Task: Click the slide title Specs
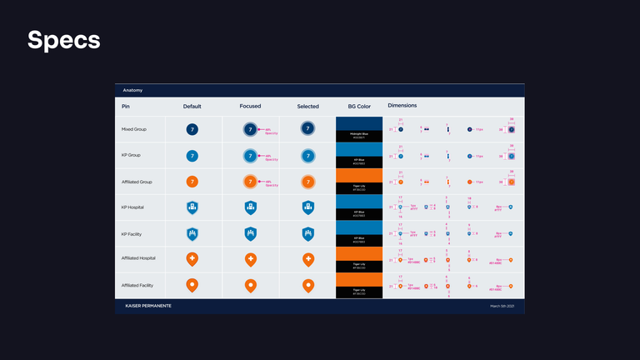tap(64, 40)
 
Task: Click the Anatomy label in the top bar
tap(132, 90)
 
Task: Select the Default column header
tap(192, 107)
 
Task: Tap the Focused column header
tap(250, 107)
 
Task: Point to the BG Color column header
tap(359, 107)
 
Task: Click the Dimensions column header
tap(402, 106)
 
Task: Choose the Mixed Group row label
tap(136, 130)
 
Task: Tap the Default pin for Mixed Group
tap(192, 130)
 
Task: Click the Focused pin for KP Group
tap(249, 156)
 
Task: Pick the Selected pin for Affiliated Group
tap(307, 182)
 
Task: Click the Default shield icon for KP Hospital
tap(192, 207)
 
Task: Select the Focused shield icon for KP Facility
tap(250, 234)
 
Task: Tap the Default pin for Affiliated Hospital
tap(192, 260)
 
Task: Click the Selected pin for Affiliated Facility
tap(307, 286)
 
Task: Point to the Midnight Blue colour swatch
tap(359, 124)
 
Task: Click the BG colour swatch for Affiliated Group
tap(359, 176)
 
